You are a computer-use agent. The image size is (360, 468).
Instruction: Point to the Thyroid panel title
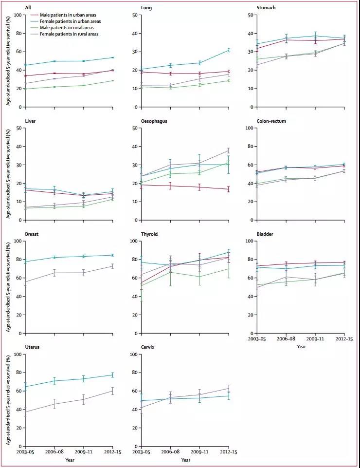[x=149, y=234]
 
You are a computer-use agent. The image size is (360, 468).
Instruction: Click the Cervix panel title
[x=148, y=347]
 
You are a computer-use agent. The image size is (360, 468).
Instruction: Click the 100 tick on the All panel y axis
[x=18, y=15]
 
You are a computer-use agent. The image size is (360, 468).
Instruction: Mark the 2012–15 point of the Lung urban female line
[x=229, y=50]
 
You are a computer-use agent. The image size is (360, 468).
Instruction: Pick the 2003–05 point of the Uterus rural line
[x=25, y=412]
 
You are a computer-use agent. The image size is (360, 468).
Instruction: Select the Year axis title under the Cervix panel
[x=185, y=460]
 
